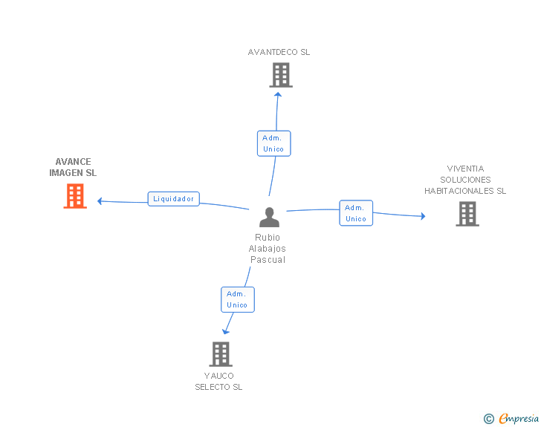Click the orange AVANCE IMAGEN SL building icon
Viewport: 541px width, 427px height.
point(75,196)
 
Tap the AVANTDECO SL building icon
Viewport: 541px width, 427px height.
point(280,75)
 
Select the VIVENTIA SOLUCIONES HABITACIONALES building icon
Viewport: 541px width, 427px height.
point(467,214)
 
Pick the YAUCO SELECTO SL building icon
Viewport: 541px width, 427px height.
point(221,354)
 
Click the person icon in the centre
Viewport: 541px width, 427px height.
point(269,217)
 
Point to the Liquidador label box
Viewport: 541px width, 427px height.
point(173,199)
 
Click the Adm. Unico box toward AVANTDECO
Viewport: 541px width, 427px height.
point(273,143)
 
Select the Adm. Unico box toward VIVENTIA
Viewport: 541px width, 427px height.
point(356,213)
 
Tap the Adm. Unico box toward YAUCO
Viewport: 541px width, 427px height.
point(237,299)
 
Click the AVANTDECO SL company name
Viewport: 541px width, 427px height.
point(279,53)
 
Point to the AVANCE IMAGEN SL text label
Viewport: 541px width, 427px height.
point(73,167)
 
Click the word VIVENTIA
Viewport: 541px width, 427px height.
point(465,169)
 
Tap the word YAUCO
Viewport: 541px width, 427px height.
point(218,376)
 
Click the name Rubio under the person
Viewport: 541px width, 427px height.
point(268,238)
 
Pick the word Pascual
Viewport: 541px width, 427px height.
point(268,260)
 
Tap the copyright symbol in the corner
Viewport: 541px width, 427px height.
point(488,419)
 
